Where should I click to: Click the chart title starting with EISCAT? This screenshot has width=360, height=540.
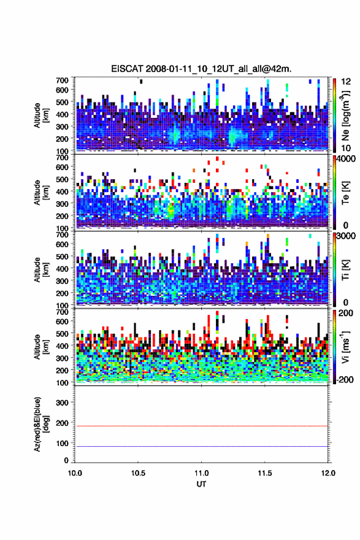pyautogui.click(x=201, y=69)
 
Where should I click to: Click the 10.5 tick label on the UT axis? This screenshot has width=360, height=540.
pyautogui.click(x=138, y=473)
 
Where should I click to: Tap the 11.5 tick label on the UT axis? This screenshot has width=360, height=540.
pyautogui.click(x=265, y=473)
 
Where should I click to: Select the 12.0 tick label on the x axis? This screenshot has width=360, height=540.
pyautogui.click(x=328, y=473)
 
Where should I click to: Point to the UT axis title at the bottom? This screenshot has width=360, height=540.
pyautogui.click(x=201, y=484)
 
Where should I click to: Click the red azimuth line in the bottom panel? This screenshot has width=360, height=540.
pyautogui.click(x=201, y=426)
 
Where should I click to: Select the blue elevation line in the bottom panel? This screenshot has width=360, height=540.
pyautogui.click(x=201, y=447)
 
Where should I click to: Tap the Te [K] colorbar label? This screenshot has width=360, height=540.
pyautogui.click(x=345, y=193)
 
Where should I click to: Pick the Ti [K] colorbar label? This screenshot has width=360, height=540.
pyautogui.click(x=345, y=269)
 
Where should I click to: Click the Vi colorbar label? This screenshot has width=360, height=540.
pyautogui.click(x=345, y=347)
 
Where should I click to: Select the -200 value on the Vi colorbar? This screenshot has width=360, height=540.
pyautogui.click(x=345, y=379)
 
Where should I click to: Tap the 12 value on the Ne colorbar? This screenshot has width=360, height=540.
pyautogui.click(x=346, y=82)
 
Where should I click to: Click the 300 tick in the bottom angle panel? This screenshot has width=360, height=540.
pyautogui.click(x=62, y=403)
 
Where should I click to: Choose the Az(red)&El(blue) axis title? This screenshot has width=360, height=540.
pyautogui.click(x=41, y=425)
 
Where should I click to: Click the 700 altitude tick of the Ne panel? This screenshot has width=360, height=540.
pyautogui.click(x=62, y=80)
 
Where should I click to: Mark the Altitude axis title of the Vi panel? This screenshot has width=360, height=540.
pyautogui.click(x=41, y=347)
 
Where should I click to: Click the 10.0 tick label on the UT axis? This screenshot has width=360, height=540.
pyautogui.click(x=75, y=473)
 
